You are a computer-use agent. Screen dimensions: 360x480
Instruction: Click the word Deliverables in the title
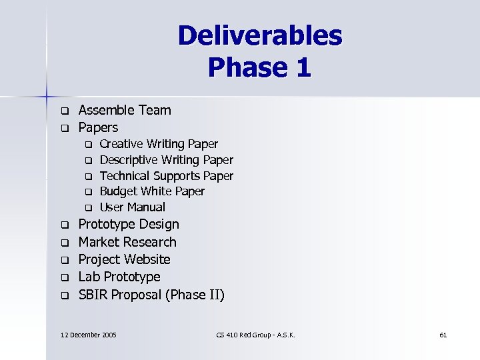click(x=260, y=36)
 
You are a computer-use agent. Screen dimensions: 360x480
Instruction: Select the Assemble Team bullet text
click(x=125, y=110)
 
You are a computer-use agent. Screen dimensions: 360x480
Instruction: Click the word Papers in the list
click(x=98, y=127)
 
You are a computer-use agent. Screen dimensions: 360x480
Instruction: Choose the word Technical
click(x=125, y=176)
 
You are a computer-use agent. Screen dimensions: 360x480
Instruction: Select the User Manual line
click(x=132, y=207)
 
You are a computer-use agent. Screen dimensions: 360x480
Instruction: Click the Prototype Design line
click(x=129, y=225)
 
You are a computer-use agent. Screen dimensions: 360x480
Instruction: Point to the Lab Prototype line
click(x=119, y=277)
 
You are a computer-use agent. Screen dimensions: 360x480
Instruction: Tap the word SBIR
click(x=93, y=295)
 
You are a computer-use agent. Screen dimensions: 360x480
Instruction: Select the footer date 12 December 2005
click(x=88, y=334)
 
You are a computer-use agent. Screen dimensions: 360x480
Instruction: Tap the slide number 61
click(x=443, y=334)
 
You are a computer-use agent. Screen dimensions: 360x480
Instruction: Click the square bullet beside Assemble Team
click(x=65, y=111)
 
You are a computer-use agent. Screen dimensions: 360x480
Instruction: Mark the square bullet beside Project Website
click(x=65, y=260)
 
